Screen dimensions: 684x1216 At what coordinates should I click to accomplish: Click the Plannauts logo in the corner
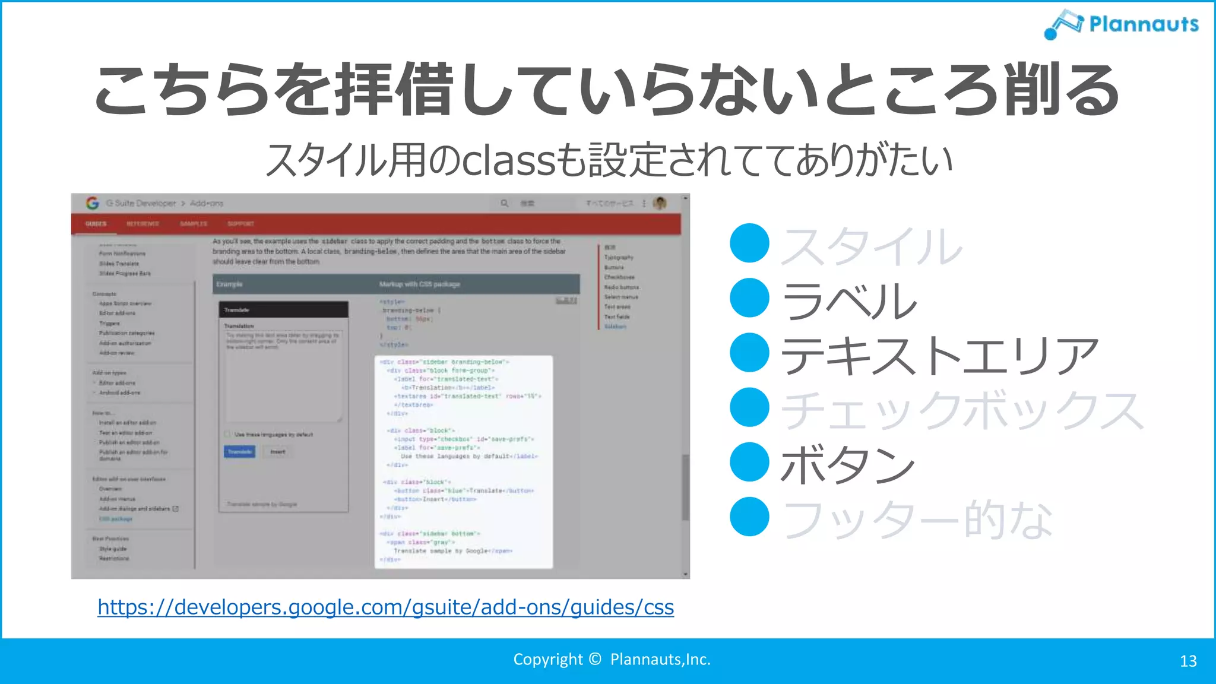(x=1121, y=24)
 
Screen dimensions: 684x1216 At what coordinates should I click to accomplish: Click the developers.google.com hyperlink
(x=385, y=607)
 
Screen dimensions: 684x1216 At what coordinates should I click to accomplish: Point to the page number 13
(x=1187, y=661)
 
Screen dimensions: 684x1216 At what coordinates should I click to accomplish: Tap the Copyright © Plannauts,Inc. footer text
(x=612, y=659)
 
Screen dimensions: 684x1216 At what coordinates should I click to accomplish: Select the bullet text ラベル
(x=849, y=300)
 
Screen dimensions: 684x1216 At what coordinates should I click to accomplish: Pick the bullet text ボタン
(x=847, y=464)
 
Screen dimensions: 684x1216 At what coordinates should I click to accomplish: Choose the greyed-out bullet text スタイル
(x=871, y=246)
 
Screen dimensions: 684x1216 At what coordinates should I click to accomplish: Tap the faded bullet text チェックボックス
(x=962, y=410)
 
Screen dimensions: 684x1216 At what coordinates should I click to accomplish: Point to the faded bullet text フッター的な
(x=917, y=519)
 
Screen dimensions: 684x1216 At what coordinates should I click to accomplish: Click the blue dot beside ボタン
(x=749, y=462)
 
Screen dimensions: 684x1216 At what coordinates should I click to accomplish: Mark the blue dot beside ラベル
(x=749, y=298)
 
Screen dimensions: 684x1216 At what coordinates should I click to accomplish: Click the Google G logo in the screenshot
(x=92, y=203)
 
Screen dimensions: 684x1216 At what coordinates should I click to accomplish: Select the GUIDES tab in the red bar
(x=96, y=224)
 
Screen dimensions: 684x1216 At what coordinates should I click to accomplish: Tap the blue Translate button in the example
(x=240, y=452)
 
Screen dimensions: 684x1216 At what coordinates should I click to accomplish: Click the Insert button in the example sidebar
(x=277, y=452)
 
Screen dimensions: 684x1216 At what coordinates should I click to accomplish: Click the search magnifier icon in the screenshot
(x=504, y=203)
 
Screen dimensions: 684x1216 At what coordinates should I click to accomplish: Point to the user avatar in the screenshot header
(x=659, y=203)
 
